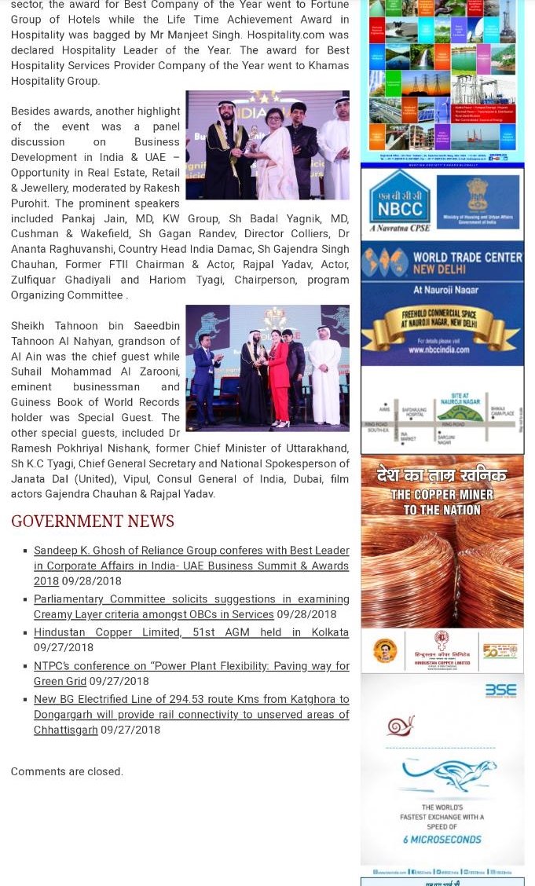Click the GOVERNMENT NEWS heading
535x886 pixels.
coord(93,522)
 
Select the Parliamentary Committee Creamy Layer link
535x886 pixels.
coord(191,606)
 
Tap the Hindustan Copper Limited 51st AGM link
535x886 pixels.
coord(191,632)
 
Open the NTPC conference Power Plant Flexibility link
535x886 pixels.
coord(191,673)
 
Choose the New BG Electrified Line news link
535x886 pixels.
coord(191,714)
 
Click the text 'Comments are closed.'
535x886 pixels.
coord(67,771)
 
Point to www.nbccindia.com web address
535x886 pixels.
coord(440,350)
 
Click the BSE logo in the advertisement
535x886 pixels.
coord(500,690)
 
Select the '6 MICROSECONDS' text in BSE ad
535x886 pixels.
coord(442,840)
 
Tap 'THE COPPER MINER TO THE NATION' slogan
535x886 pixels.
coord(442,502)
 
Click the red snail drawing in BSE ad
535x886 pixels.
coord(400,727)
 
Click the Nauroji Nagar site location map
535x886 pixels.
coord(442,410)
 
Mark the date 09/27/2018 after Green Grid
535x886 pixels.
coord(119,681)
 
